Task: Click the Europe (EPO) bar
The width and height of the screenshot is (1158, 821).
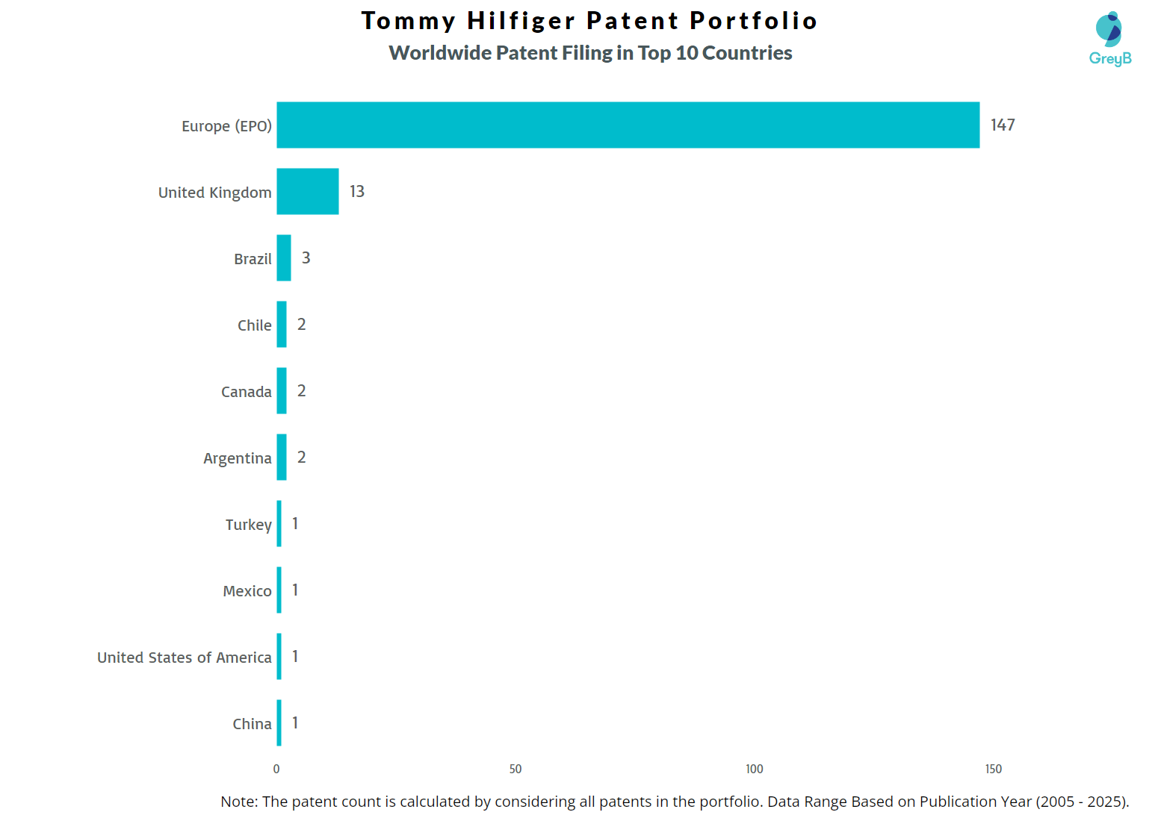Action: (x=628, y=125)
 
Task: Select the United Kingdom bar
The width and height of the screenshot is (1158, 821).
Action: (x=307, y=191)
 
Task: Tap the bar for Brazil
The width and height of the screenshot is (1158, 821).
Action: (x=284, y=257)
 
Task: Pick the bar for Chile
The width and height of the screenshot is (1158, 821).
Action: (x=282, y=324)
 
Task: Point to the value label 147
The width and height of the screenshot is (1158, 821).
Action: (x=1003, y=125)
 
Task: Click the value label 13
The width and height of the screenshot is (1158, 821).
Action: (x=357, y=191)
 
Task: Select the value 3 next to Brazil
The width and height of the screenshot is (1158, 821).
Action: (x=306, y=257)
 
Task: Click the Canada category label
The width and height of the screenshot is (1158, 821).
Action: (x=246, y=392)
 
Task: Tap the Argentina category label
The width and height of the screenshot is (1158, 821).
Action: (x=237, y=458)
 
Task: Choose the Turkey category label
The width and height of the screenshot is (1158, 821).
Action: (x=248, y=525)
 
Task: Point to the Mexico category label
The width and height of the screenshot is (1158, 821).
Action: (x=247, y=591)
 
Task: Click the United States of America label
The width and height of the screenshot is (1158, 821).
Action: (x=184, y=658)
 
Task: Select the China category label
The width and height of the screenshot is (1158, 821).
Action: (x=252, y=724)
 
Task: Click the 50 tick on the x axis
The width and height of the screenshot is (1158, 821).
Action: (x=515, y=769)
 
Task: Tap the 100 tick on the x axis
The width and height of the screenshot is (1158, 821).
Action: (x=755, y=769)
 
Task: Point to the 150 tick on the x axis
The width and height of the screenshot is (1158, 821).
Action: (x=993, y=769)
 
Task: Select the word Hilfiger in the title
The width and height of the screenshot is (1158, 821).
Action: (x=521, y=21)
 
